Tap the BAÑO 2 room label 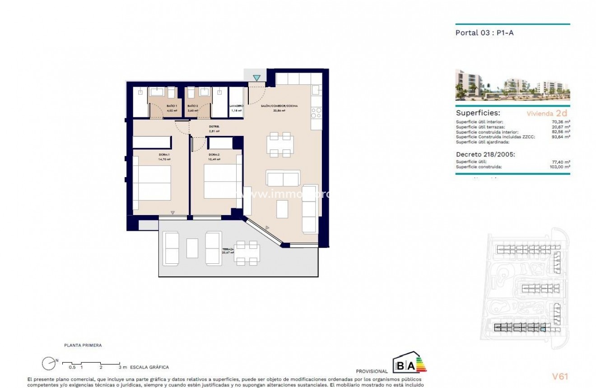tap(192, 105)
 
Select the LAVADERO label tap(237, 105)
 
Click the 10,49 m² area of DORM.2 tap(214, 159)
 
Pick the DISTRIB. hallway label tap(214, 126)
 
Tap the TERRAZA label tap(228, 249)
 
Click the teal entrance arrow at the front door tap(256, 78)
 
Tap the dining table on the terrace tap(247, 253)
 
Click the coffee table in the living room tap(282, 208)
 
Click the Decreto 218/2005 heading tap(485, 154)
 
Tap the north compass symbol tap(48, 363)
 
